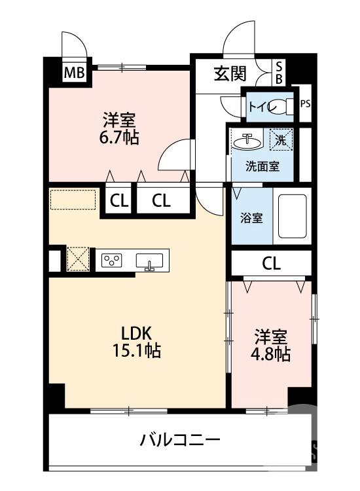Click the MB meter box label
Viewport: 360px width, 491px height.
click(x=74, y=73)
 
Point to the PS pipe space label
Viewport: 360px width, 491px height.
click(x=305, y=103)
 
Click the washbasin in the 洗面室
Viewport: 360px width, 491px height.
click(x=248, y=140)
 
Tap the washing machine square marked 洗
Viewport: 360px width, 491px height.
click(x=281, y=139)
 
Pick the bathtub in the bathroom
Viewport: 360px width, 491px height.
click(x=292, y=217)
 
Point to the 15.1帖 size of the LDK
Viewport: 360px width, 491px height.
click(x=135, y=350)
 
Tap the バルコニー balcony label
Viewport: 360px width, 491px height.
click(x=179, y=440)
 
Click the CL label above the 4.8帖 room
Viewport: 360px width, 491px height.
click(x=271, y=263)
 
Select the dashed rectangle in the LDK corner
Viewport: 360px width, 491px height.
click(x=73, y=200)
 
